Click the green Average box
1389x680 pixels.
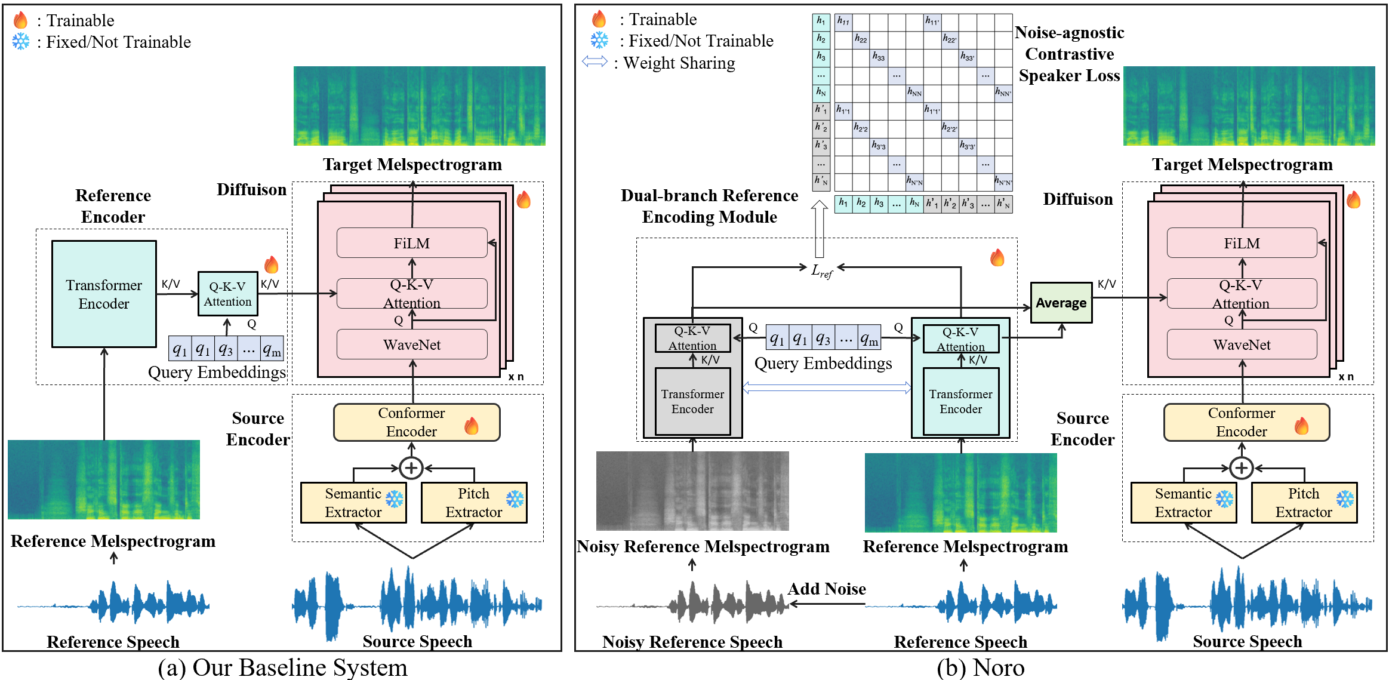(1061, 303)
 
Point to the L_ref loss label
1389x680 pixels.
(821, 271)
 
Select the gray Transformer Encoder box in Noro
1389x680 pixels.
(692, 401)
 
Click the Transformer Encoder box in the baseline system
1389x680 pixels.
(104, 294)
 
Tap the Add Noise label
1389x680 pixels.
(826, 589)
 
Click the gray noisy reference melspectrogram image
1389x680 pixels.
(692, 491)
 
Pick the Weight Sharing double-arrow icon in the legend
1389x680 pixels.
(595, 61)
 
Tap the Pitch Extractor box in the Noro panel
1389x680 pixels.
(1304, 503)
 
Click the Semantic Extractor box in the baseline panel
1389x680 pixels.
(353, 503)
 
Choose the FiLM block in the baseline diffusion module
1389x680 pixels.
(412, 243)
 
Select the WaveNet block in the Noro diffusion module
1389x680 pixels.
(1242, 344)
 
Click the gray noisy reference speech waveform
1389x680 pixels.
(692, 603)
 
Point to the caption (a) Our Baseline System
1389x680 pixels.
(282, 667)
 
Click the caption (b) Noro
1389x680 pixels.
(980, 667)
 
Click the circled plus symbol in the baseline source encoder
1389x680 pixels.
(411, 468)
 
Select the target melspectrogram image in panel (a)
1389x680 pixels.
(419, 106)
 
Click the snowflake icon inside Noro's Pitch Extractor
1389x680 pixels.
(1345, 499)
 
